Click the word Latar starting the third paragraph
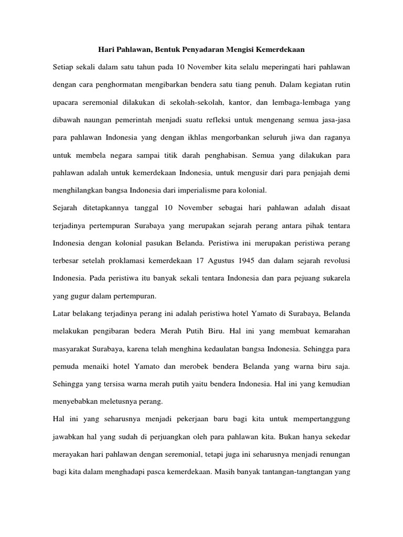tap(62, 313)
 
